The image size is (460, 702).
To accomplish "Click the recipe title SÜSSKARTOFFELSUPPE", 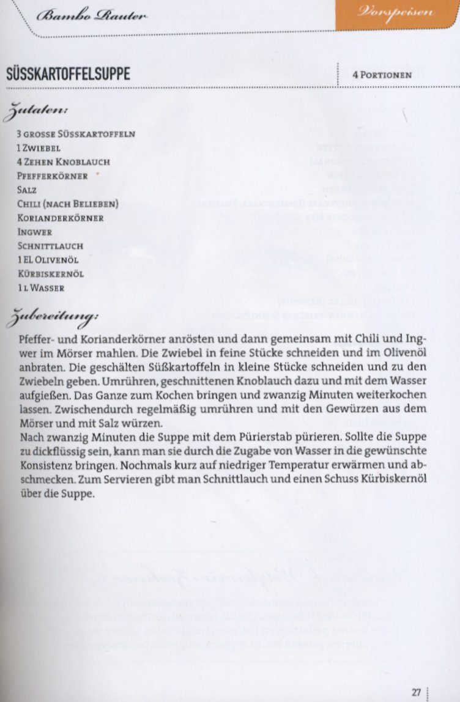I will click(x=68, y=74).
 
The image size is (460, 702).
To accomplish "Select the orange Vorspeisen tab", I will click(x=397, y=13).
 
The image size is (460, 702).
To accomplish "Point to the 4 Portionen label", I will click(x=382, y=76).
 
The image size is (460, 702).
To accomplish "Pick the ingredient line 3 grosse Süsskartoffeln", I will click(x=76, y=133).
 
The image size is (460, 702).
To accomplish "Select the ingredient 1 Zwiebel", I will click(x=39, y=148).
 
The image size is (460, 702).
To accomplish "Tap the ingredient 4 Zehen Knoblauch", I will click(x=63, y=162).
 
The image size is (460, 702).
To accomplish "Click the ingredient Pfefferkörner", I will click(x=52, y=176).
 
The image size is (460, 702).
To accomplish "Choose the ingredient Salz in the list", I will click(x=27, y=190).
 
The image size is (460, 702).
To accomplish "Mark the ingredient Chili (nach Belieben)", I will click(x=67, y=204).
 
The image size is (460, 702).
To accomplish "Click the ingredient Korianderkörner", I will click(x=60, y=218).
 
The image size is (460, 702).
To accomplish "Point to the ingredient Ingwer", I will click(x=34, y=232).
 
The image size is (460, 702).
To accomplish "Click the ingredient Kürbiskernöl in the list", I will click(x=50, y=274).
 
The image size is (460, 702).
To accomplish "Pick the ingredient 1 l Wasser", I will click(x=40, y=288).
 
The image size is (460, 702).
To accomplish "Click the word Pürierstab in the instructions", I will click(x=229, y=438).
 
